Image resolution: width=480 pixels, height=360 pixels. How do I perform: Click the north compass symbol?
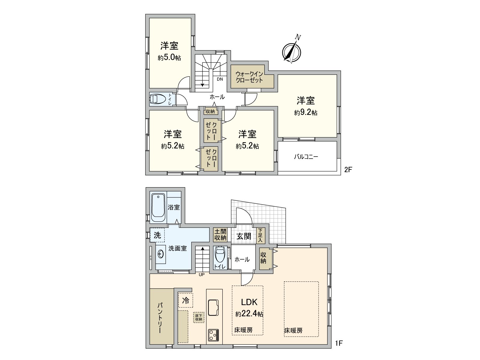tap(292, 52)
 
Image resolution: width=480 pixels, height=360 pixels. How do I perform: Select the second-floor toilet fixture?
tap(158, 99)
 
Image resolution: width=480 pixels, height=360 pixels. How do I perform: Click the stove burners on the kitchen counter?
tap(213, 335)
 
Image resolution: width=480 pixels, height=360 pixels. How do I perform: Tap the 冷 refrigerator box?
tap(186, 300)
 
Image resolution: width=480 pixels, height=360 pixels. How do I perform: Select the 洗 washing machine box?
tap(157, 235)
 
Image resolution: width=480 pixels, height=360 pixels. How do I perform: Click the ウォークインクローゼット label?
tap(249, 77)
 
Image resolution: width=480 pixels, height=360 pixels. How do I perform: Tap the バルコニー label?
tap(306, 157)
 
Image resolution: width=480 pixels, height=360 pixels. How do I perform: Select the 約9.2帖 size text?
tap(306, 113)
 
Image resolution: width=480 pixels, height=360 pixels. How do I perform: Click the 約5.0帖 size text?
tap(169, 58)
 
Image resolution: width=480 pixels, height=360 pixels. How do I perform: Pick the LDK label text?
tap(249, 302)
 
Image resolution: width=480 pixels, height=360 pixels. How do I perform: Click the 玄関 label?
tap(244, 236)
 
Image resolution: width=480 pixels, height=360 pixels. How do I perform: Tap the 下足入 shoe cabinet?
tap(260, 235)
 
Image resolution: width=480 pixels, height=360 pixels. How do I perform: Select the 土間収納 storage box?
tap(220, 235)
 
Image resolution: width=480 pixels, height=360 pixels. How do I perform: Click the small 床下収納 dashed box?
tap(199, 317)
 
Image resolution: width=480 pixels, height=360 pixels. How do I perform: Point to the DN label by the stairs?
tap(220, 79)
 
